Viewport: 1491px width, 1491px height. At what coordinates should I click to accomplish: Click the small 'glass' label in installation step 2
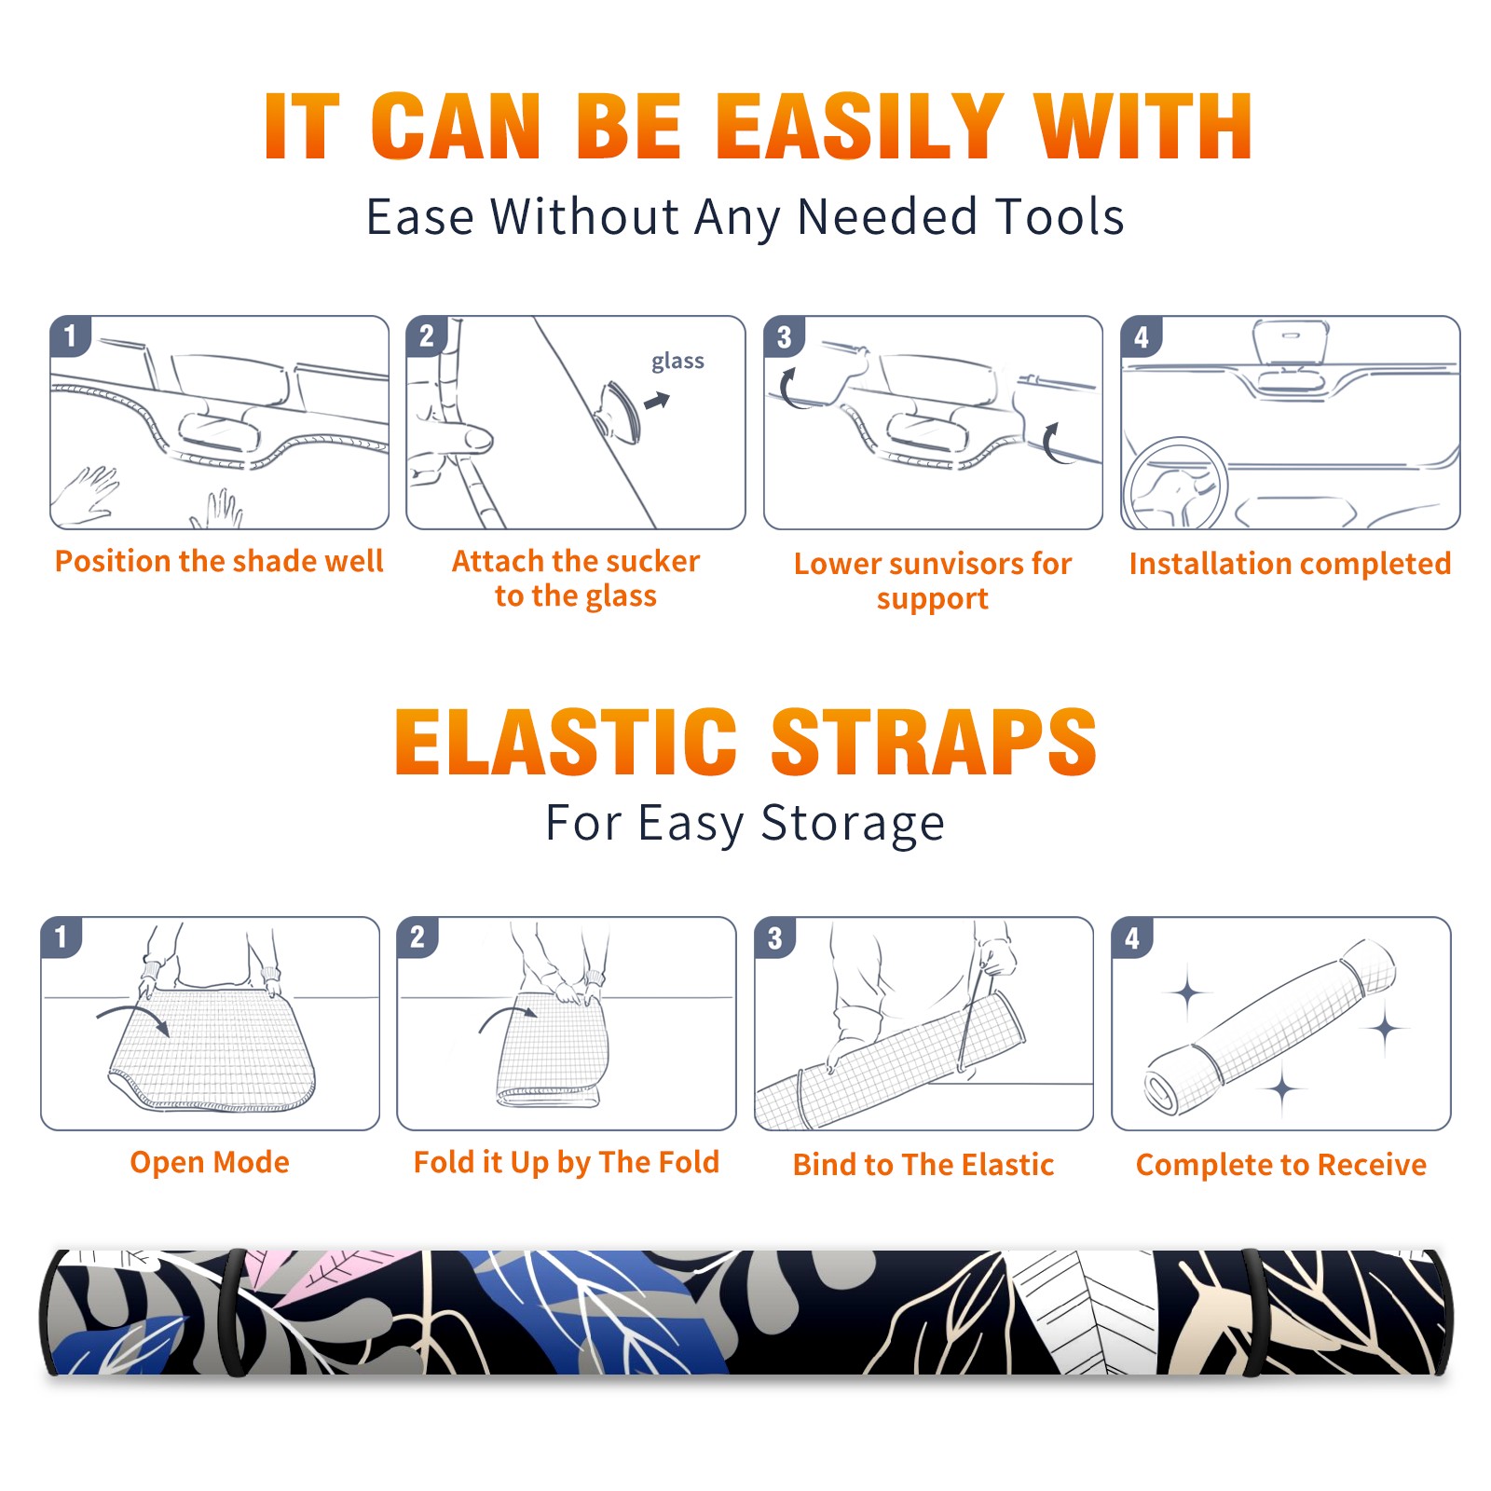677,362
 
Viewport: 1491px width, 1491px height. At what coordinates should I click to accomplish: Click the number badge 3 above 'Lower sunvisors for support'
784,337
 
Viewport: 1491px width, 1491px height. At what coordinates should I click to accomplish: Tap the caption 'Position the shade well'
219,561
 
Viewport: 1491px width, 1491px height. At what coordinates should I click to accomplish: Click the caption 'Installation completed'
1290,564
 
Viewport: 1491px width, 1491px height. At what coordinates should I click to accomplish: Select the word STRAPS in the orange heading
934,742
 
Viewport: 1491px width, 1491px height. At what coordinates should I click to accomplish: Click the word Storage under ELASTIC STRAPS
853,825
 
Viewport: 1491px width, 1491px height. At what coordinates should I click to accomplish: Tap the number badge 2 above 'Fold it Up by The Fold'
417,937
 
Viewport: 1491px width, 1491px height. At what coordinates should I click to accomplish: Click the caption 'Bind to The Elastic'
923,1165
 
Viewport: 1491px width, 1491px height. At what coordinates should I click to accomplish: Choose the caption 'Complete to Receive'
1281,1165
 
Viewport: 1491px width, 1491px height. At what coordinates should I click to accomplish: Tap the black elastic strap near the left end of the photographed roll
233,1312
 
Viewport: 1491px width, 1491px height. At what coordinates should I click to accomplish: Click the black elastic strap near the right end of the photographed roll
1254,1312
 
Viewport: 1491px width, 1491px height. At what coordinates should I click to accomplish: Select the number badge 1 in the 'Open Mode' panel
62,937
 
